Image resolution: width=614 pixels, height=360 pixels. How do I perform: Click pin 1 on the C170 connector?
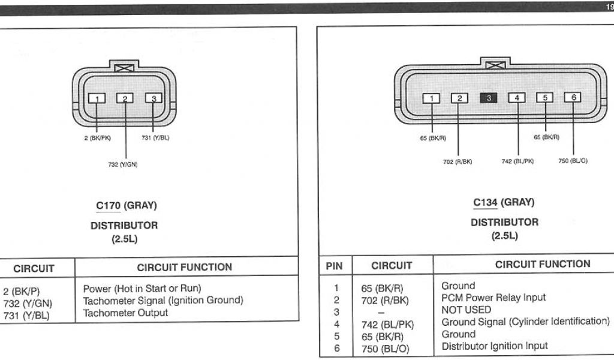[x=97, y=98]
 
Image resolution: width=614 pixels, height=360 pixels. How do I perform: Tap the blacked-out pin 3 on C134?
[x=487, y=97]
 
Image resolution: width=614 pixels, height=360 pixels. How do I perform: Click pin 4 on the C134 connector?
[x=516, y=97]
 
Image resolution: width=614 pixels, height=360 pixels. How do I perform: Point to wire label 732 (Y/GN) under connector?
[x=123, y=164]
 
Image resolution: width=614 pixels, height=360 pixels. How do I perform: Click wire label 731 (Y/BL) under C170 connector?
[x=155, y=138]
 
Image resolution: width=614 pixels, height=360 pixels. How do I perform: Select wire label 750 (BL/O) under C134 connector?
[x=573, y=161]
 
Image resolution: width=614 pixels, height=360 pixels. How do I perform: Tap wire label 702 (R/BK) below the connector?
[x=458, y=161]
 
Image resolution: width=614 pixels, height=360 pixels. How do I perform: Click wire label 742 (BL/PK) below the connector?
[x=517, y=161]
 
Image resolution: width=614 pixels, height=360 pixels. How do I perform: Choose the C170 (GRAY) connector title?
[x=126, y=206]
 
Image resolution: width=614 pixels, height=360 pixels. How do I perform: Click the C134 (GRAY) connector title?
[x=504, y=202]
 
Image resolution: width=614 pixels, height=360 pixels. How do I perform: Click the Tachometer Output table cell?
[x=125, y=313]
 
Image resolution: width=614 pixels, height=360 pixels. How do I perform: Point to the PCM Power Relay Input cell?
[x=493, y=298]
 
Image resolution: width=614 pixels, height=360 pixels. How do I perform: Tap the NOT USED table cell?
[x=466, y=310]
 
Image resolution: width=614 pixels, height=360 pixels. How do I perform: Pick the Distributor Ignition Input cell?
[x=495, y=346]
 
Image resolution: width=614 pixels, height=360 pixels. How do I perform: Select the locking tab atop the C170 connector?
[x=124, y=68]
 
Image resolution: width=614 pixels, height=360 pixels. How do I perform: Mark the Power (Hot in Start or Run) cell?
[x=142, y=288]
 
